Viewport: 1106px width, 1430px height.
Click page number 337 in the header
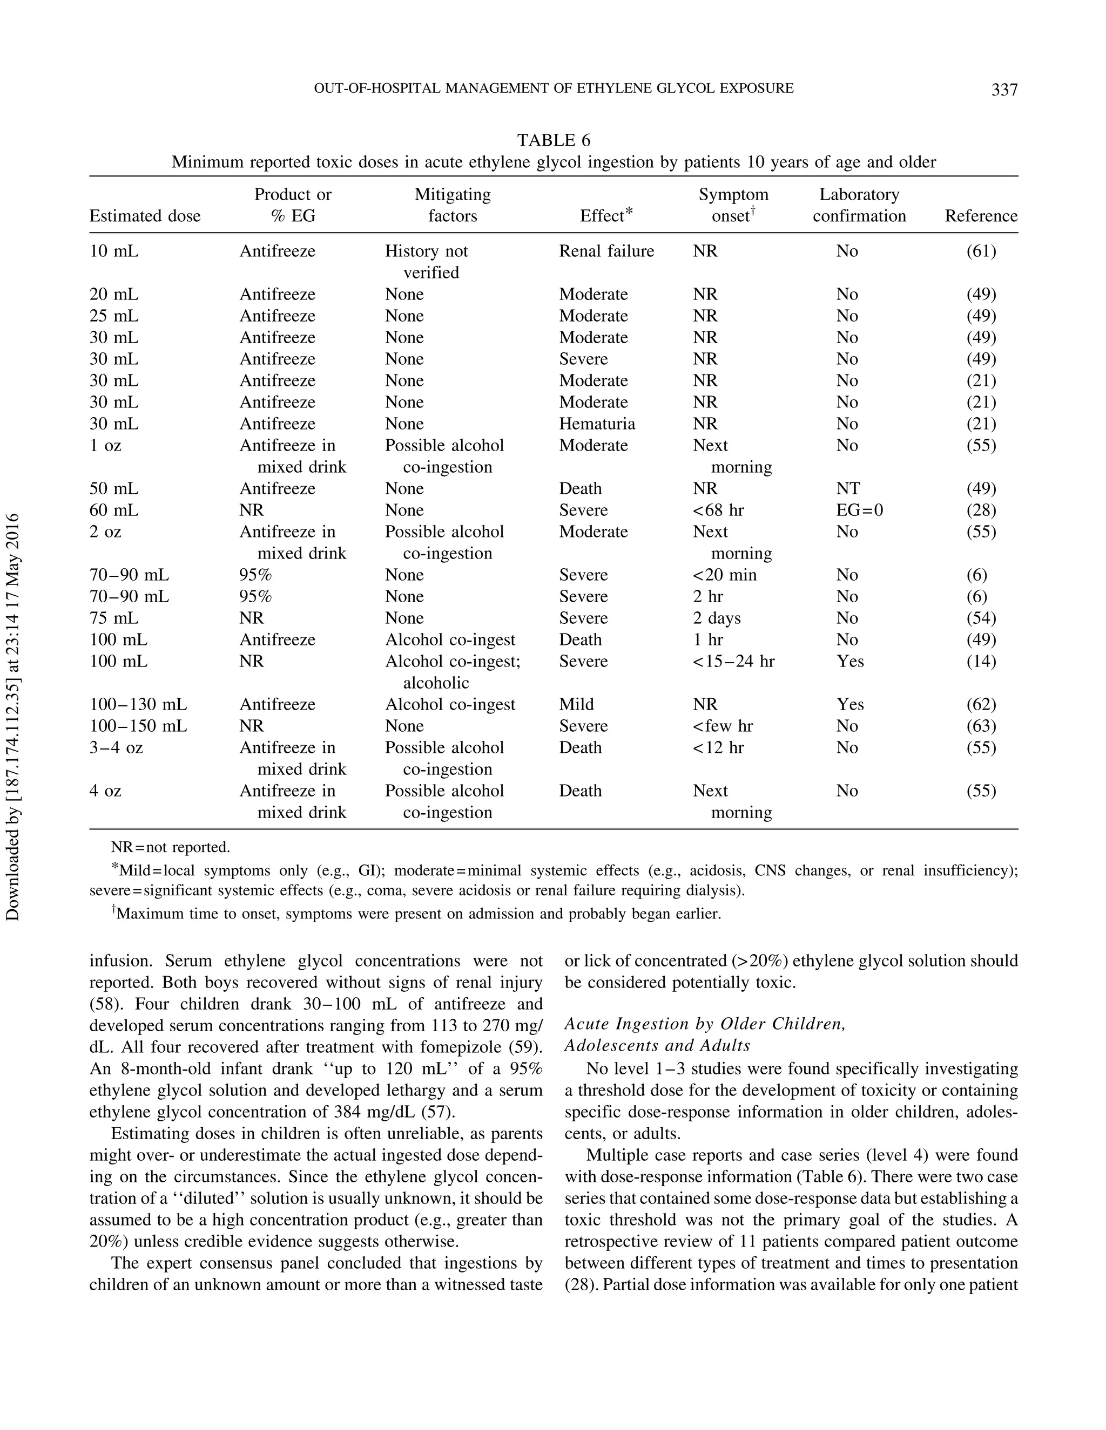[1004, 89]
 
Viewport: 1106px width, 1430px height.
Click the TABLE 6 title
[553, 140]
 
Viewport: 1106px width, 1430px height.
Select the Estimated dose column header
[145, 216]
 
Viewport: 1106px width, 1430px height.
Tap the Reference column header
[980, 216]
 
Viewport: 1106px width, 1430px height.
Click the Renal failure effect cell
[606, 251]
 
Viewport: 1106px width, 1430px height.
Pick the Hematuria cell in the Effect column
[596, 424]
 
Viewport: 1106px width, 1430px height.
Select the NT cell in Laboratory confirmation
[847, 488]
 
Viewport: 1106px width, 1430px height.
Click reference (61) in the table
[981, 251]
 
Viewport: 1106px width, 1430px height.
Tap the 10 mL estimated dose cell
[114, 251]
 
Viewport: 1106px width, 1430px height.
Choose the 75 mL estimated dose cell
[114, 618]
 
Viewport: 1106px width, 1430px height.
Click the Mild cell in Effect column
[576, 705]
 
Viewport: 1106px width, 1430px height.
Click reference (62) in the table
[981, 705]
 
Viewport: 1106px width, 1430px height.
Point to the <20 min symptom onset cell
[724, 575]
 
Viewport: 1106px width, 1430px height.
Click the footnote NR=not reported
[170, 847]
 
